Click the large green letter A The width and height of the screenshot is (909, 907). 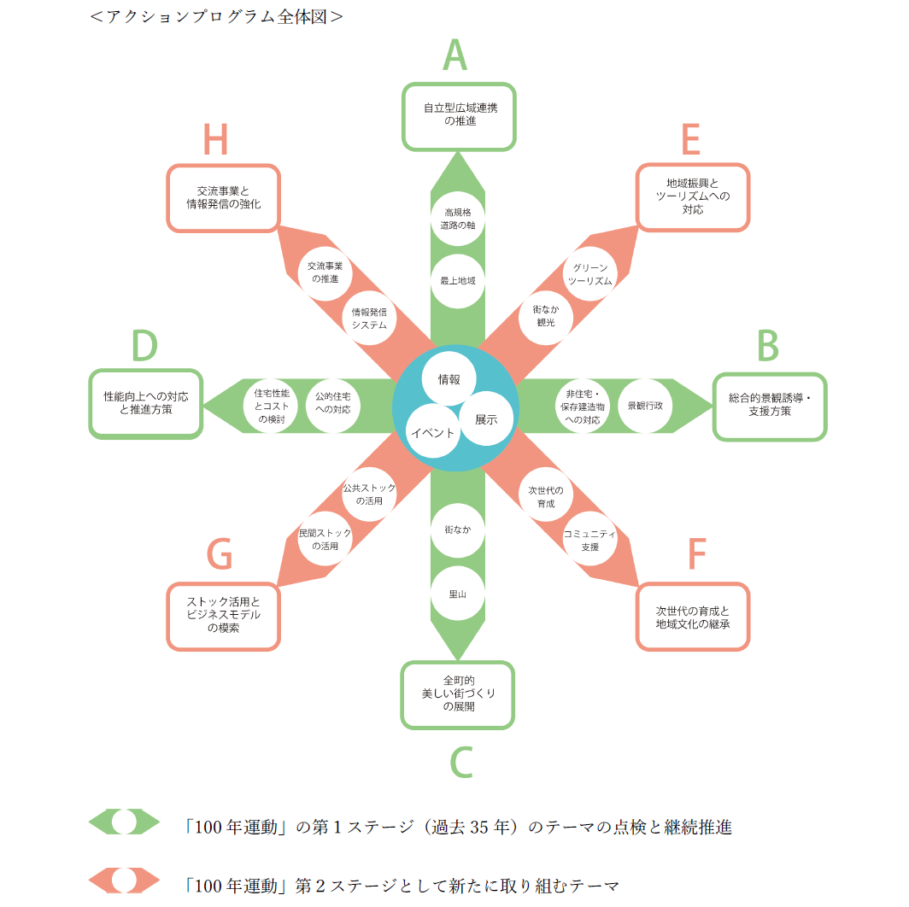click(x=455, y=56)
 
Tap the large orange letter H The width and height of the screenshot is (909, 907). click(x=216, y=141)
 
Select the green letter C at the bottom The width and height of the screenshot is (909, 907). click(x=461, y=763)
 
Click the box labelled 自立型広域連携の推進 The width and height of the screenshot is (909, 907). click(x=460, y=115)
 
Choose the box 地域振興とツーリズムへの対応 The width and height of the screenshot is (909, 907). click(x=693, y=196)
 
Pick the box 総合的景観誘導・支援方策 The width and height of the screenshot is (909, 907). click(x=770, y=406)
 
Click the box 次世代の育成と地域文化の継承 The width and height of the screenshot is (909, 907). click(x=692, y=617)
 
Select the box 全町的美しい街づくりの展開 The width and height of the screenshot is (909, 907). click(x=458, y=694)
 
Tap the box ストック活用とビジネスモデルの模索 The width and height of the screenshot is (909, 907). click(x=223, y=615)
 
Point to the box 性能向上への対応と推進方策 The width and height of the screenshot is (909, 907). click(x=146, y=403)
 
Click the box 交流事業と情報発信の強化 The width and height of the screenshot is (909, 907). click(x=223, y=197)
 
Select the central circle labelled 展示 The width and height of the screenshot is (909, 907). click(x=486, y=418)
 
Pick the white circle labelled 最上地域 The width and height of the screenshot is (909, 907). click(x=458, y=280)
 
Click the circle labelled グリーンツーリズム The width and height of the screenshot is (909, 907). click(x=590, y=274)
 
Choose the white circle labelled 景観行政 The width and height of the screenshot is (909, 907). click(x=645, y=406)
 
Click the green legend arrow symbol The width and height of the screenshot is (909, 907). click(x=125, y=822)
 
